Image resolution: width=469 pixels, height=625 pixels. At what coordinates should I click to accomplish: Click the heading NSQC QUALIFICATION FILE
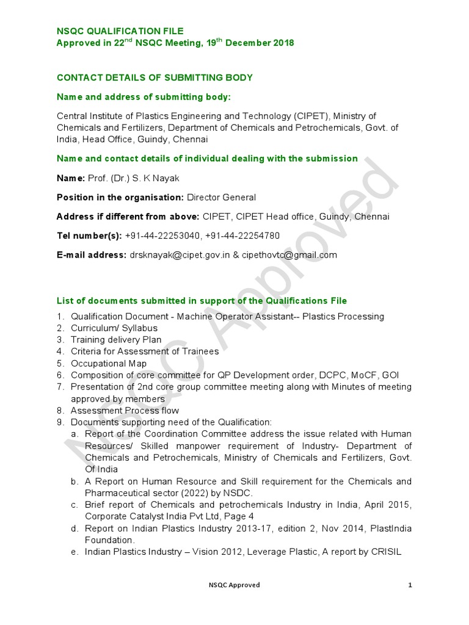pyautogui.click(x=120, y=31)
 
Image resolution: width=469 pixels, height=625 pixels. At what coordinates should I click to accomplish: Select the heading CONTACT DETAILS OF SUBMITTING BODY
pyautogui.click(x=155, y=78)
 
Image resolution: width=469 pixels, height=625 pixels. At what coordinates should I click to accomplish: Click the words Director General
pyautogui.click(x=221, y=197)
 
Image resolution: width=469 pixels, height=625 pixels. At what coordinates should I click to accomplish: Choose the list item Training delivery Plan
pyautogui.click(x=116, y=339)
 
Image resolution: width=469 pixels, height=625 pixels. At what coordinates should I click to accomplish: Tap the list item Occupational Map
pyautogui.click(x=109, y=363)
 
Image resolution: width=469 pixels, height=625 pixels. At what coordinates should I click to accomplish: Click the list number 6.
pyautogui.click(x=60, y=375)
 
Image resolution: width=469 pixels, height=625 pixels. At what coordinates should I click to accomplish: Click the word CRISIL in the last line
pyautogui.click(x=384, y=552)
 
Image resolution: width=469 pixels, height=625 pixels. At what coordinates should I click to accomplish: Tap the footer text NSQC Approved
pyautogui.click(x=234, y=585)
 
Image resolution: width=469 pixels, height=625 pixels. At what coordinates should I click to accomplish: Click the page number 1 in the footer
pyautogui.click(x=410, y=585)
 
